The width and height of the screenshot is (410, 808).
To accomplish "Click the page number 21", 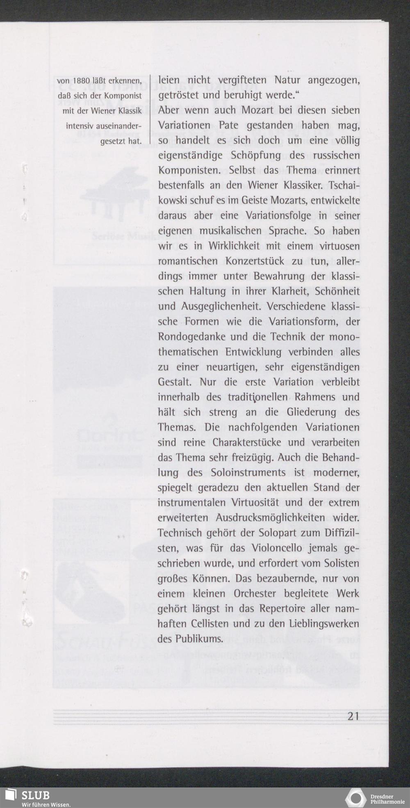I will [353, 716].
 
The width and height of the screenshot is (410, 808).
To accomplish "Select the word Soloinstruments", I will [248, 473].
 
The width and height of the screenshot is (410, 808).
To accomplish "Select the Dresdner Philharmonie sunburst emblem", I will [355, 797].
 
